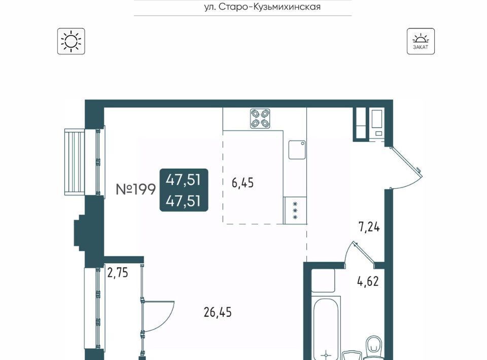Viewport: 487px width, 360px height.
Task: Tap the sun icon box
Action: point(71,41)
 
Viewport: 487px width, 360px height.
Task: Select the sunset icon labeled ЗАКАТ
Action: point(421,41)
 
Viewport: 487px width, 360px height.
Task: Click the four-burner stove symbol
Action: point(260,119)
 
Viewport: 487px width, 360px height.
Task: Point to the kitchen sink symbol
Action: point(297,150)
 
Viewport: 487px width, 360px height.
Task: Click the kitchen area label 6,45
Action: point(242,183)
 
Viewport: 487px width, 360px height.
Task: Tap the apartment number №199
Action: point(135,189)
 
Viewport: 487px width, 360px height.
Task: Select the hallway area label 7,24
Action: point(369,227)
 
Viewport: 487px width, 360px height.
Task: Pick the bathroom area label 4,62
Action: point(368,281)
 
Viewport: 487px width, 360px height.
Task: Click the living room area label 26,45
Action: point(218,312)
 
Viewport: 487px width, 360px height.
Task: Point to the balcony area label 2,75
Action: point(117,273)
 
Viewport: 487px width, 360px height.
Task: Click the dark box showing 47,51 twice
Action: point(184,190)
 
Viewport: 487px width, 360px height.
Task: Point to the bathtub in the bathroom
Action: point(326,329)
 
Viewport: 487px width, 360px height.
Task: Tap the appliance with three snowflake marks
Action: point(295,210)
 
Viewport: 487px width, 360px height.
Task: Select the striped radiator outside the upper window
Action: point(75,162)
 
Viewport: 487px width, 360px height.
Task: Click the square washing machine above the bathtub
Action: point(323,280)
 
